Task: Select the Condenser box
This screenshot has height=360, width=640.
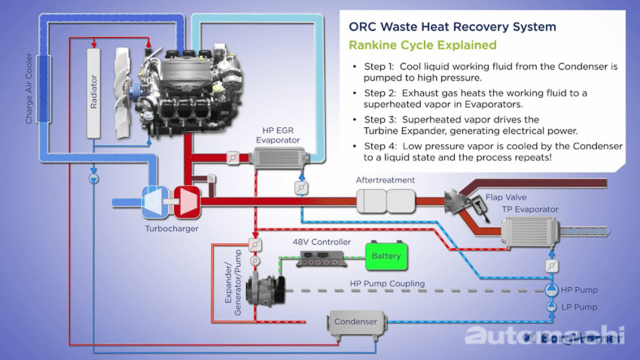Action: (355, 322)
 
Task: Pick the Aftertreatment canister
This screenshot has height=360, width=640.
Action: (386, 200)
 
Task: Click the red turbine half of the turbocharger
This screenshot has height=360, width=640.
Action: (185, 201)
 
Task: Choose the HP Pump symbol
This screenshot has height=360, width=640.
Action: (550, 289)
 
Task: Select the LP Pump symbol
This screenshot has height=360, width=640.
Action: (550, 307)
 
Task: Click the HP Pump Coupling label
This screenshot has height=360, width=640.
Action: (387, 284)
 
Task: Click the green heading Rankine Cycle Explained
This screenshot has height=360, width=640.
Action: (422, 45)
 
